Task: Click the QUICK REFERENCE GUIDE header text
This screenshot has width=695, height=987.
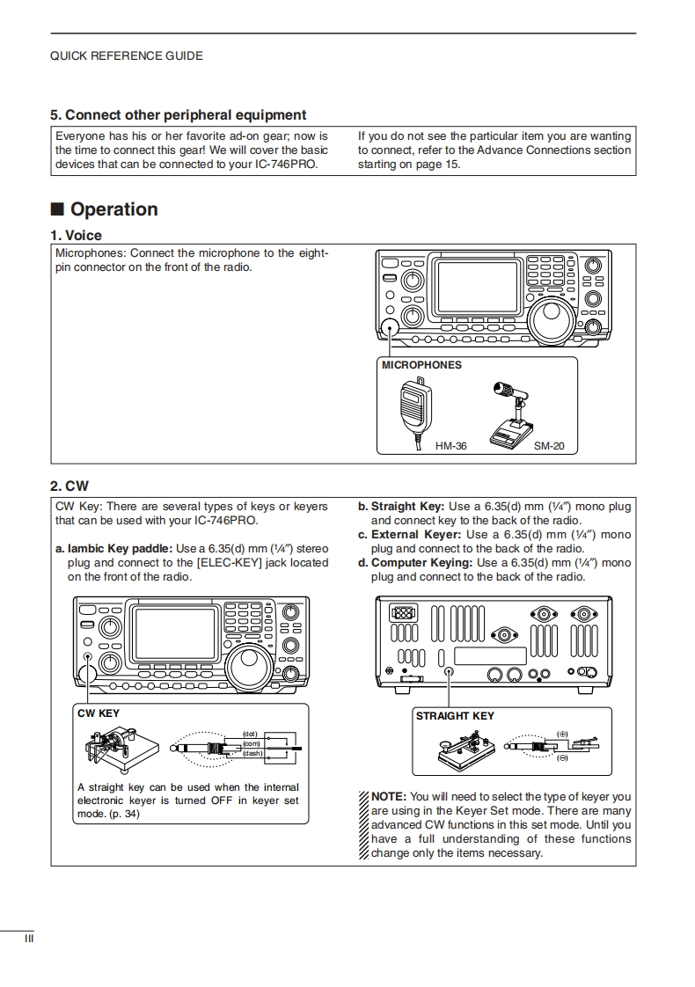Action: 126,56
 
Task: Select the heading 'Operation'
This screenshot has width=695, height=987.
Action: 113,209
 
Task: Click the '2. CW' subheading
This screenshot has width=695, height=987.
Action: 69,486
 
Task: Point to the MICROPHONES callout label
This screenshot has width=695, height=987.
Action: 421,365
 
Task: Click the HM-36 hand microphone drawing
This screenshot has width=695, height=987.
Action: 412,405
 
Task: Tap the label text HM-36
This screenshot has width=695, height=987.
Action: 450,446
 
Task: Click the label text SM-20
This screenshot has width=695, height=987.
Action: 549,446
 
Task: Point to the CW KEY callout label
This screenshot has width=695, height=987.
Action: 99,713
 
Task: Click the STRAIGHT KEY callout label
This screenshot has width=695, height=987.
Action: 455,716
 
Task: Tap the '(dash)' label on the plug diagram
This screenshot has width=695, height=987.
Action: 252,754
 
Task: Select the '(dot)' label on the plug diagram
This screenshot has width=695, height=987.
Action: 250,734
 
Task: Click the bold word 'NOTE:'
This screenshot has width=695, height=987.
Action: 389,797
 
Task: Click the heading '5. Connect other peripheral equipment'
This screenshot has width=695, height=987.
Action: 178,115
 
